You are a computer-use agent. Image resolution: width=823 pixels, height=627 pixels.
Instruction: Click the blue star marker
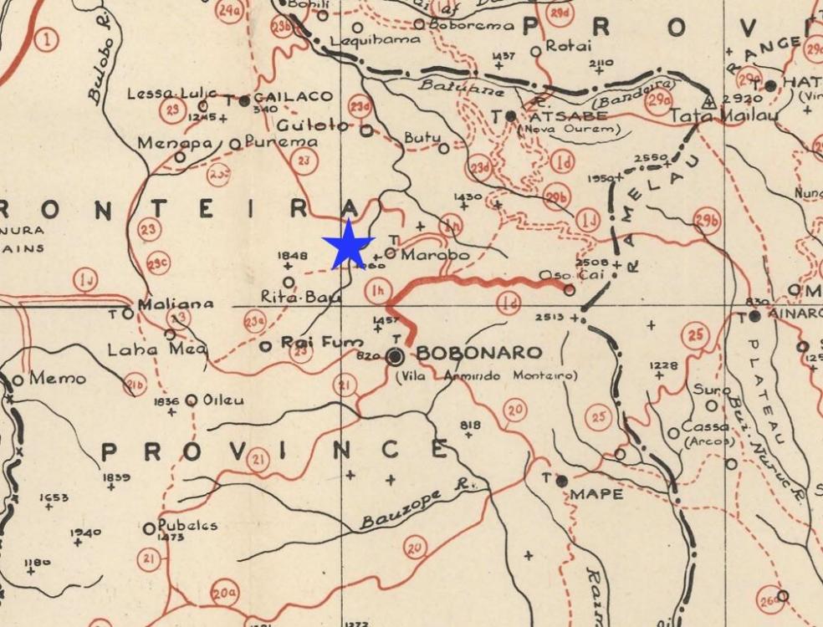[x=348, y=245]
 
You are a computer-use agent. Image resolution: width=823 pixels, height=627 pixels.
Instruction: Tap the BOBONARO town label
[x=478, y=353]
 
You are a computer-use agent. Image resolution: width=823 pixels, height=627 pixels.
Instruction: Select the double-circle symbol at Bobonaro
[x=396, y=357]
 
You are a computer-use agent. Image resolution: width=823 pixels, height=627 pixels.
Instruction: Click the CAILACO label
[x=294, y=97]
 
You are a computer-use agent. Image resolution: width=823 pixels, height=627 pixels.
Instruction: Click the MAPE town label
[x=596, y=494]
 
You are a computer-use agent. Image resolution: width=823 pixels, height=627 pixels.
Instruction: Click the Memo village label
[x=57, y=379]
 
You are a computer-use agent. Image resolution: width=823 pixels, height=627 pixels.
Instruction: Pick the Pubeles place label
[x=188, y=525]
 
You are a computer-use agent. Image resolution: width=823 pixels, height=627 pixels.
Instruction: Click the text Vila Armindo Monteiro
[x=486, y=375]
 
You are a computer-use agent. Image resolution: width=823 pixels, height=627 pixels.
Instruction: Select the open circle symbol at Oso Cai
[x=569, y=290]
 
